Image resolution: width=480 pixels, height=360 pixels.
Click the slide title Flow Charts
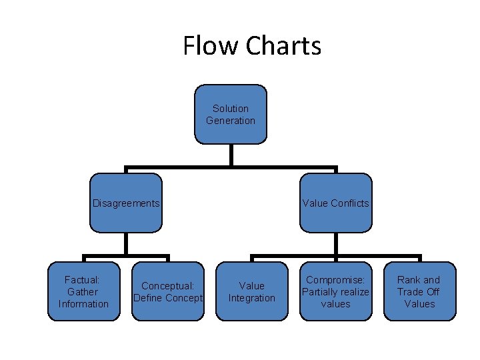tap(252, 46)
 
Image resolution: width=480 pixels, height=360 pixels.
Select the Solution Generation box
tap(230, 114)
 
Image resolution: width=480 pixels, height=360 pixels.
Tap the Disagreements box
tap(126, 203)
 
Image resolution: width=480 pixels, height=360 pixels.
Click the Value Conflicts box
tap(335, 203)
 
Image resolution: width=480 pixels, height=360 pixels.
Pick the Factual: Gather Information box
tap(83, 292)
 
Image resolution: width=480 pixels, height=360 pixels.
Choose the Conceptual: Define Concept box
tap(168, 292)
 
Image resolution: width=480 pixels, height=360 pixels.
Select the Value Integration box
tap(251, 292)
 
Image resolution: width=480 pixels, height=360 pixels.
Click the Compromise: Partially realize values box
tap(335, 292)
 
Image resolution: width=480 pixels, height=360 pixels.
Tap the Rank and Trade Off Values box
tap(419, 292)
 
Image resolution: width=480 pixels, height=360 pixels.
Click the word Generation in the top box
tap(230, 121)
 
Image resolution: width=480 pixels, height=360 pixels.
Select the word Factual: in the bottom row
tap(83, 280)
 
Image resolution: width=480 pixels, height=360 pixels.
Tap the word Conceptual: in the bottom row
tap(168, 286)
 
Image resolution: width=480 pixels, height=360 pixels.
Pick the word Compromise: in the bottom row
tap(335, 280)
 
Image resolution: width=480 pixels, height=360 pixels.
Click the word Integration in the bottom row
tap(251, 298)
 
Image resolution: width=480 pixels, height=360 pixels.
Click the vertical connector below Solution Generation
tap(231, 155)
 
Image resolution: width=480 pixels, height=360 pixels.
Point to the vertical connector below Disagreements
tap(126, 243)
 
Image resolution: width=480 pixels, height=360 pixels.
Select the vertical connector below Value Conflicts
tap(335, 243)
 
